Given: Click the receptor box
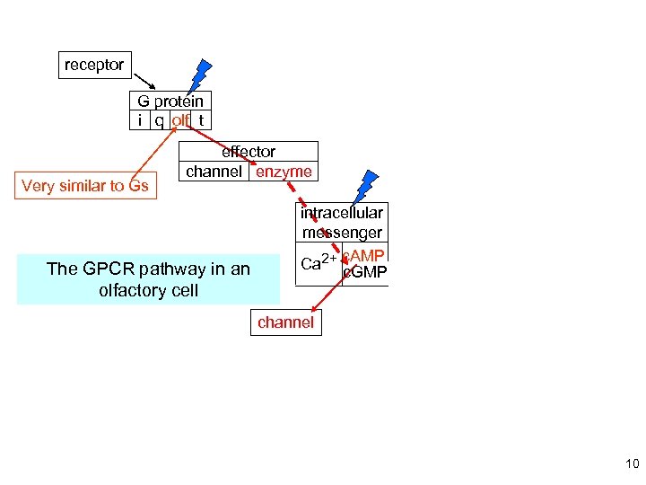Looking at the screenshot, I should (x=94, y=66).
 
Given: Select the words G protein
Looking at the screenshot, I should (x=170, y=101).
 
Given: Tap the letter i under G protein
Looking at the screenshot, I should (x=139, y=120).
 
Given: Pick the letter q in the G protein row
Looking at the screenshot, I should (x=158, y=120).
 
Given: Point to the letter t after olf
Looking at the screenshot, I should (x=202, y=120).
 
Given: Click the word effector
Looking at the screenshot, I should (x=249, y=152).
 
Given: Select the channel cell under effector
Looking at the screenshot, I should (x=214, y=172).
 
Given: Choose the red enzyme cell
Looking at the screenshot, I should (x=284, y=172).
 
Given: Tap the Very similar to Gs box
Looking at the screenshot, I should (x=84, y=186).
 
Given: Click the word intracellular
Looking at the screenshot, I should (x=342, y=213).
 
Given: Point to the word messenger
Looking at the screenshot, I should (x=342, y=233).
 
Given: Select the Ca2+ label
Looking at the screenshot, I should (x=319, y=262).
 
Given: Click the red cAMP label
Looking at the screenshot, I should (x=364, y=256).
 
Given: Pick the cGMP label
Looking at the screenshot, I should (x=365, y=271).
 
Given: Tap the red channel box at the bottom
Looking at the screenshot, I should (x=285, y=322).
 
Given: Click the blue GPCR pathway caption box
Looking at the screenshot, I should (x=149, y=279).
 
